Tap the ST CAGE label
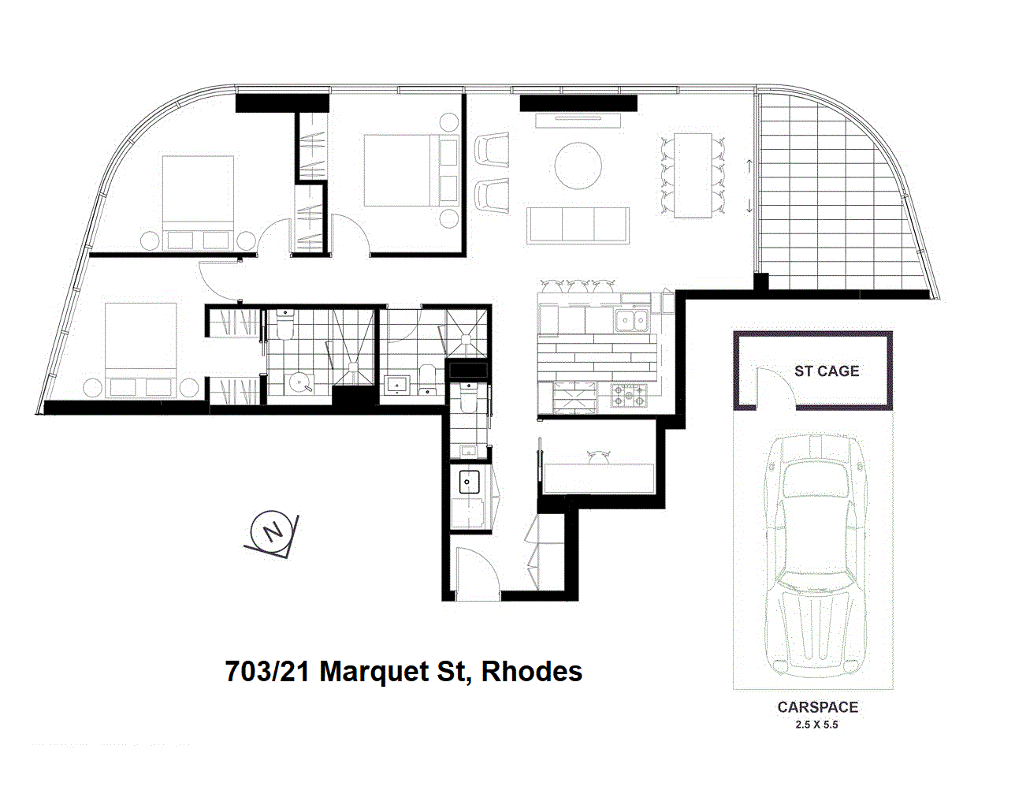pyautogui.click(x=826, y=371)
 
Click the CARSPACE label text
pyautogui.click(x=817, y=707)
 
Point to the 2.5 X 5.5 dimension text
pyautogui.click(x=817, y=725)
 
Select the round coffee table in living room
pyautogui.click(x=578, y=166)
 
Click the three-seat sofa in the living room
pyautogui.click(x=578, y=225)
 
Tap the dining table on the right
pyautogui.click(x=693, y=175)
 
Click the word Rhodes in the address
pyautogui.click(x=532, y=672)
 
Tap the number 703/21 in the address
pyautogui.click(x=268, y=672)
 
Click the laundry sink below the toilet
pyautogui.click(x=470, y=480)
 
